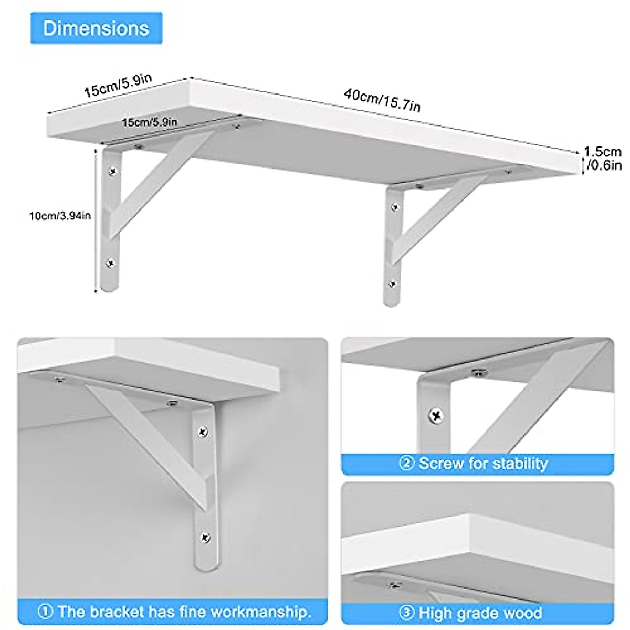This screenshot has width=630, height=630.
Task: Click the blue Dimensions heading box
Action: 96,28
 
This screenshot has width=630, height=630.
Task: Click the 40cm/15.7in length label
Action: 382,100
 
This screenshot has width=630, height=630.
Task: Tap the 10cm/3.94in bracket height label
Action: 60,215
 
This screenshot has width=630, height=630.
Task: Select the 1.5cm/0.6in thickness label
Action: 603,159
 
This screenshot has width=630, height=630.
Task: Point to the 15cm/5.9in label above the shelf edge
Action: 118,85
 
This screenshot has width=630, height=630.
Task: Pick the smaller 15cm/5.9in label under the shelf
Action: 150,122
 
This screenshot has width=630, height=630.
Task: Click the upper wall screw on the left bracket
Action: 112,171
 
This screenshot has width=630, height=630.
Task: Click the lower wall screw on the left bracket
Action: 110,262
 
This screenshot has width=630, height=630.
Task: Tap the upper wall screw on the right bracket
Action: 395,207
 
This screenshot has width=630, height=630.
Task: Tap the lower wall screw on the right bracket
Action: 392,284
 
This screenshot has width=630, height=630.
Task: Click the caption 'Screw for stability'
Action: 483,464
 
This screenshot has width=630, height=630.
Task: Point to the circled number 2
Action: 406,464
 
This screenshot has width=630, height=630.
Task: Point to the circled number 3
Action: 406,613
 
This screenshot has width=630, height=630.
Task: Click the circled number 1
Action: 46,612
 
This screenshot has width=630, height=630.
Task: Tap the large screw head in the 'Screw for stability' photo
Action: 436,416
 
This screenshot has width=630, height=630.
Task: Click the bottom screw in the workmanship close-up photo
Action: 205,538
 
